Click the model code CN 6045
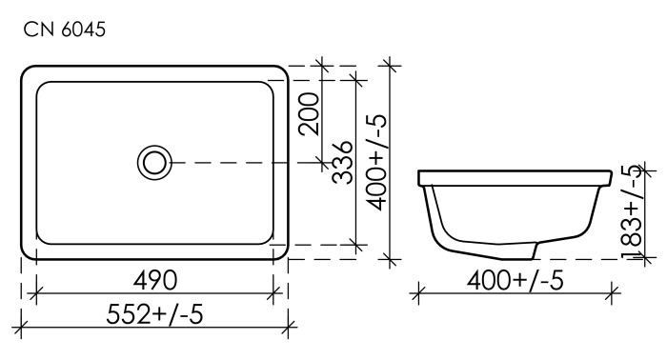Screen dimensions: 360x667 [x=65, y=30]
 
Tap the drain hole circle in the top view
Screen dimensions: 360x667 [x=154, y=162]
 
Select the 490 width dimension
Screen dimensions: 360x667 [x=153, y=280]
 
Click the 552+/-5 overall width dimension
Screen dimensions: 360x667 [x=153, y=313]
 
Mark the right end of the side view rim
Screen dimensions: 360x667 [x=609, y=177]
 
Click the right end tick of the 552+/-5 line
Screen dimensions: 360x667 [x=289, y=327]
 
